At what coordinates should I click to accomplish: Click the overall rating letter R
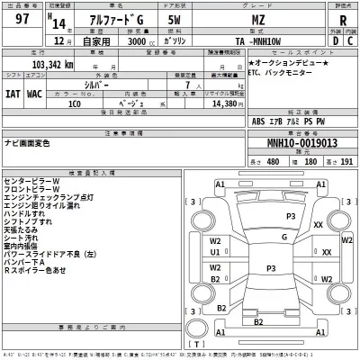342,24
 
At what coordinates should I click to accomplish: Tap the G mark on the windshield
283,237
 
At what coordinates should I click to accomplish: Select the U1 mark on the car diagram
216,253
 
